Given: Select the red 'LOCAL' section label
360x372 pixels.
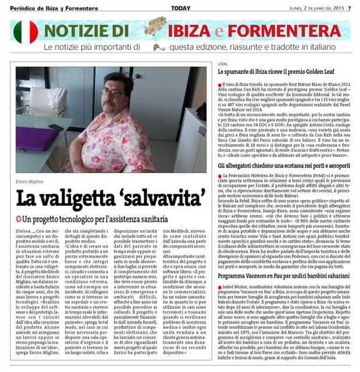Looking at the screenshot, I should click(222, 63).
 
